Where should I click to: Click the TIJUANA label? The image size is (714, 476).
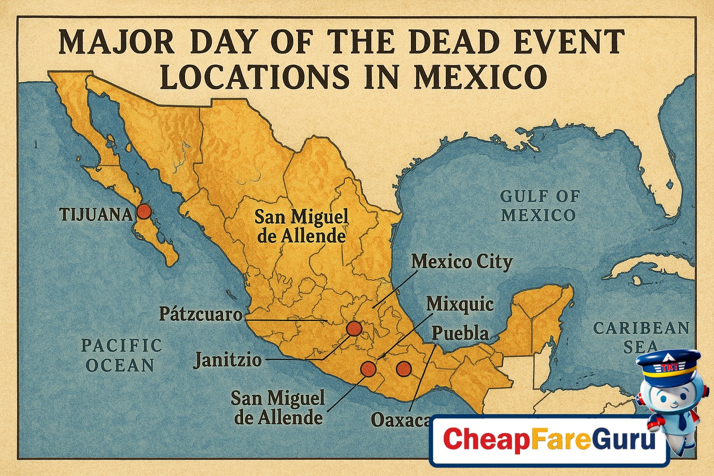[x=96, y=214]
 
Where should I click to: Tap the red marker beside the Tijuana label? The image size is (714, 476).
[x=144, y=212]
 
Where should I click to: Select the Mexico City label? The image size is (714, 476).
[x=462, y=262]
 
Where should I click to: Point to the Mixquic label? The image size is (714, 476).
[x=460, y=304]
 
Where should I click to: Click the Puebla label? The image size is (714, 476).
[x=460, y=333]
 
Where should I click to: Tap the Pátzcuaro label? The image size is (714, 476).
[x=201, y=314]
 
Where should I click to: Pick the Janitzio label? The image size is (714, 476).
[x=227, y=360]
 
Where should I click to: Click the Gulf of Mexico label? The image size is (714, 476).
[x=539, y=205]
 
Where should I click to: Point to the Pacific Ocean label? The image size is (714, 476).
[x=121, y=355]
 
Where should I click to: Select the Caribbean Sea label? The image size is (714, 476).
[x=641, y=337]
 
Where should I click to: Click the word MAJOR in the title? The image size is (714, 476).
[x=116, y=42]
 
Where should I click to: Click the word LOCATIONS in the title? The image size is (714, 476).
[x=254, y=77]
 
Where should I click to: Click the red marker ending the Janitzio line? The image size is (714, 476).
[x=354, y=329]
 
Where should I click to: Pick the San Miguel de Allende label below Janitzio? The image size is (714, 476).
[x=278, y=408]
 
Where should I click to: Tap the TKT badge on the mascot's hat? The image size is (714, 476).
[x=667, y=368]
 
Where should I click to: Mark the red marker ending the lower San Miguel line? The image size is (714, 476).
[x=368, y=369]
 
